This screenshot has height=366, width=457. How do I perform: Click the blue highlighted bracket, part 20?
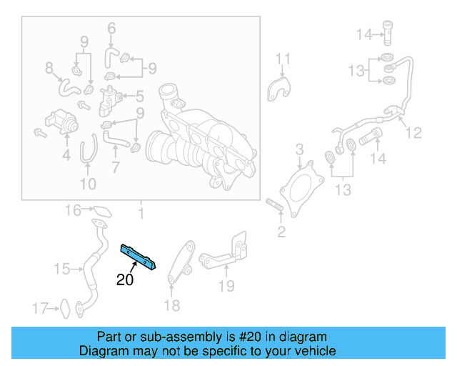(140, 255)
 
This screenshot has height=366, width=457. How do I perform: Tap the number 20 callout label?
(125, 280)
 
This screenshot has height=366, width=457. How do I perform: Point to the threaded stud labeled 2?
(274, 208)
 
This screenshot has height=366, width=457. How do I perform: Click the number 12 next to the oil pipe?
(414, 132)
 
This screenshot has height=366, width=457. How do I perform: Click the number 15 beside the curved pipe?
(62, 269)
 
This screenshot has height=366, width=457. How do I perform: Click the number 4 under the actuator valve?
(66, 154)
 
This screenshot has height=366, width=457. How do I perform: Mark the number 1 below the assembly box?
(141, 213)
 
